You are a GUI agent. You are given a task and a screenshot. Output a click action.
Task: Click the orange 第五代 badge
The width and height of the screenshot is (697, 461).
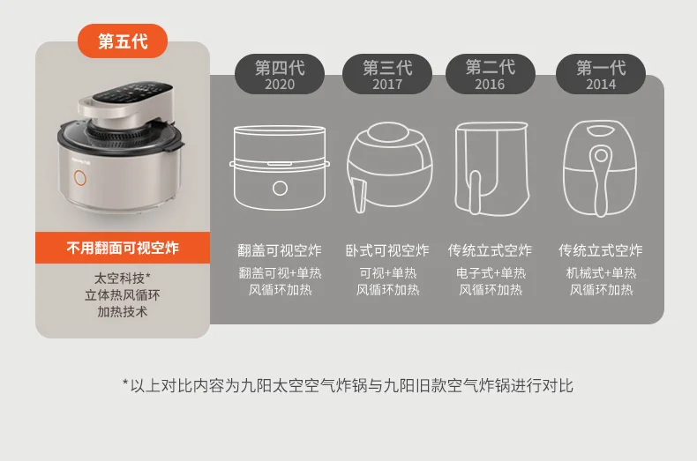click(x=123, y=41)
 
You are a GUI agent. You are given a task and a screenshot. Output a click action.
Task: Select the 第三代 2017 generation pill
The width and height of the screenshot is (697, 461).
click(x=386, y=75)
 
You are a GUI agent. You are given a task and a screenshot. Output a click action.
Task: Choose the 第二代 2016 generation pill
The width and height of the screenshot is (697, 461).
click(x=490, y=75)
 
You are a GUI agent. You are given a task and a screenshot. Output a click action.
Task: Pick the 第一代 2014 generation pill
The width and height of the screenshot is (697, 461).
click(x=601, y=75)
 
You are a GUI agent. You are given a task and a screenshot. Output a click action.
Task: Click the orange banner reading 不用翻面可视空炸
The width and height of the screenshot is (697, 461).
click(x=123, y=248)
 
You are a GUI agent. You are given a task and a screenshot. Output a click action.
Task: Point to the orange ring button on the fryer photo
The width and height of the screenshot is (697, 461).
click(x=80, y=177)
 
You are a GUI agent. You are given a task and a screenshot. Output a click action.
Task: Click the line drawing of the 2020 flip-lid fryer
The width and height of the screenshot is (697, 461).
click(x=280, y=172)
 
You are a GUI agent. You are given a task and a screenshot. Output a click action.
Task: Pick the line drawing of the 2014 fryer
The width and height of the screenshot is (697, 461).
click(x=600, y=172)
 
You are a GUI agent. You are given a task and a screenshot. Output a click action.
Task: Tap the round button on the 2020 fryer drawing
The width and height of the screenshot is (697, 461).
click(x=280, y=188)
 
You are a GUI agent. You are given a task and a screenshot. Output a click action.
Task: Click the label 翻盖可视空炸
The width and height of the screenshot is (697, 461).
click(x=280, y=251)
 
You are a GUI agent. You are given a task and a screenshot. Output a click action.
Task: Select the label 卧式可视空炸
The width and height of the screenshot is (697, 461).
click(x=387, y=251)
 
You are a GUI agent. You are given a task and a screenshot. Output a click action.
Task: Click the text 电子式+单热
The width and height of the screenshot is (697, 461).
click(x=491, y=273)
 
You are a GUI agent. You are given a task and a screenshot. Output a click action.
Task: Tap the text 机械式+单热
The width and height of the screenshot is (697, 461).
click(x=601, y=273)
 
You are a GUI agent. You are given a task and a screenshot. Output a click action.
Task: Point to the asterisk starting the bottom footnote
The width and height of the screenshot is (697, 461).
click(x=125, y=384)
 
